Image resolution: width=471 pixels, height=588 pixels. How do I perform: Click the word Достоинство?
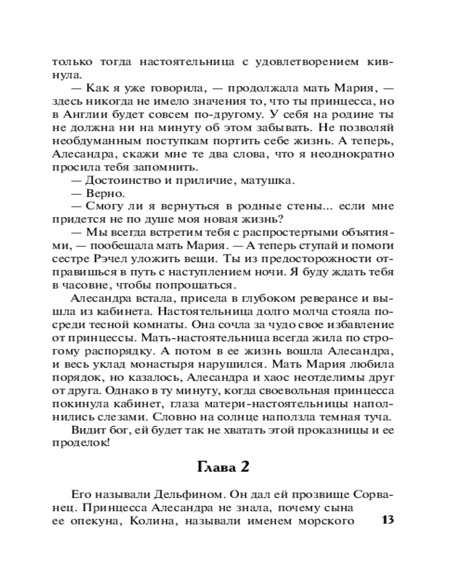click(121, 179)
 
